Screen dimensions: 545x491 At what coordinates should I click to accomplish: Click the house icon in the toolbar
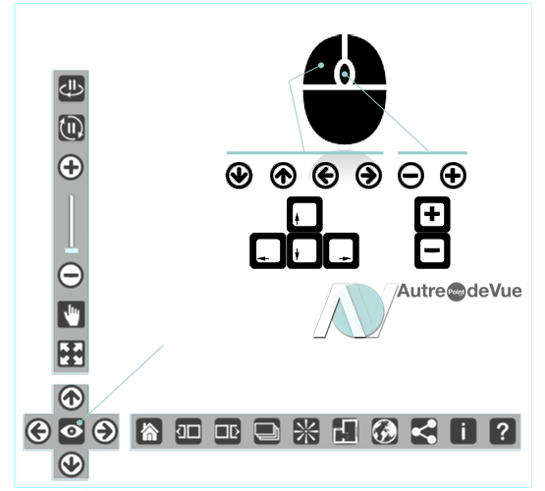pos(149,431)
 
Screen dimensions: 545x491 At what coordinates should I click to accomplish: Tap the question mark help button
pos(502,431)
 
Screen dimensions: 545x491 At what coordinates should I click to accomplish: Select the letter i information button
pos(463,431)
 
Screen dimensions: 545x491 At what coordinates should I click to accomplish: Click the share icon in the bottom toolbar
pos(423,431)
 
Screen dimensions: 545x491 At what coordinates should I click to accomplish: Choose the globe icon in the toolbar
pos(384,431)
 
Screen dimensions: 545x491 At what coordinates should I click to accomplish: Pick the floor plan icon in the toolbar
pos(345,431)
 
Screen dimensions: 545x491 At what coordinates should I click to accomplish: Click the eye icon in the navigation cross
pos(72,431)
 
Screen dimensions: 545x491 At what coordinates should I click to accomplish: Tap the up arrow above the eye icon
pos(72,398)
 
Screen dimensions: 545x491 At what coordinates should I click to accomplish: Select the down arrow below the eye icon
pos(72,464)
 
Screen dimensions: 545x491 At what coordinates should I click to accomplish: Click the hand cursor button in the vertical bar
pos(72,314)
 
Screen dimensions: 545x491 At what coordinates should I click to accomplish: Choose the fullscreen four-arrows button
pos(72,354)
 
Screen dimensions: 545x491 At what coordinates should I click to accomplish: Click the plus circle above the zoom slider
pos(71,167)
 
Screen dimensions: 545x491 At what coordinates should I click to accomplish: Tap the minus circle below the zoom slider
pos(71,275)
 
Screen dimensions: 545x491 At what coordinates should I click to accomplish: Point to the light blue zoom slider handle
pos(72,250)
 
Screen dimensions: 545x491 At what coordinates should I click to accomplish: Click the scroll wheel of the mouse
pos(345,74)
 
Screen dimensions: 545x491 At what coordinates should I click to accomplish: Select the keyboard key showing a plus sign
pos(432,214)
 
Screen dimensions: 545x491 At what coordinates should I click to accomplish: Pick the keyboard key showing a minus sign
pos(432,250)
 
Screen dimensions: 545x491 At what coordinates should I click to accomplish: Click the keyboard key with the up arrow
pos(304,214)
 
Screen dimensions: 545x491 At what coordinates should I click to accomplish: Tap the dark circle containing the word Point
pos(456,292)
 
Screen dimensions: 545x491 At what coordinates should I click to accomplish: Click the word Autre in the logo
pos(421,292)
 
